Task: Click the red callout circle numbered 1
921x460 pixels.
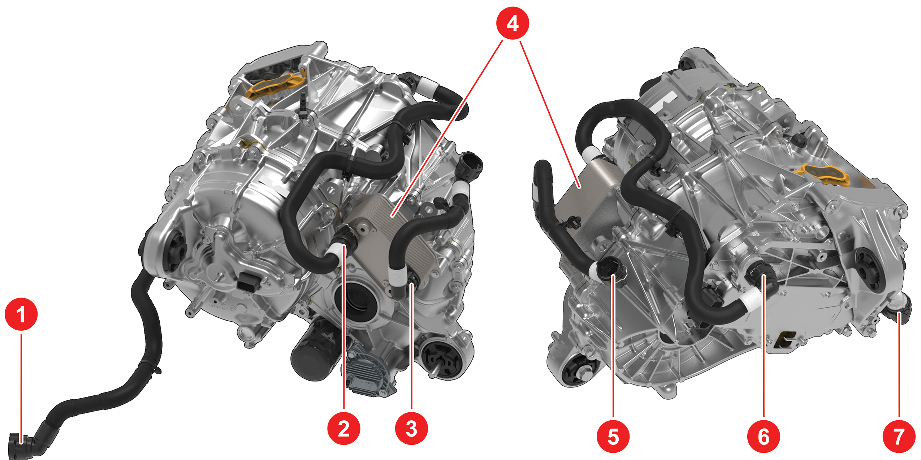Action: pos(21,314)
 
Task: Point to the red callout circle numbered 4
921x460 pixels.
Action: pos(513,23)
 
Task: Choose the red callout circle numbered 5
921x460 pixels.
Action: pos(613,436)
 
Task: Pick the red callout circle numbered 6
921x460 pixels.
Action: pos(764,436)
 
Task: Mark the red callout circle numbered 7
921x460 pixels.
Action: pos(899,436)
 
